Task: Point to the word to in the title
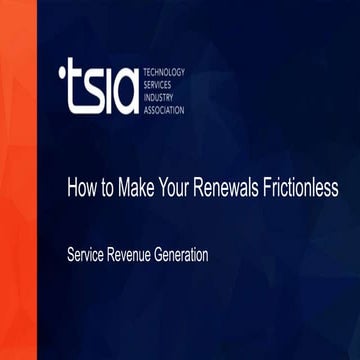pos(109,186)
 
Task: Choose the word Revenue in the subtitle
pos(137,254)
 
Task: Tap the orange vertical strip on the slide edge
pos(18,180)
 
